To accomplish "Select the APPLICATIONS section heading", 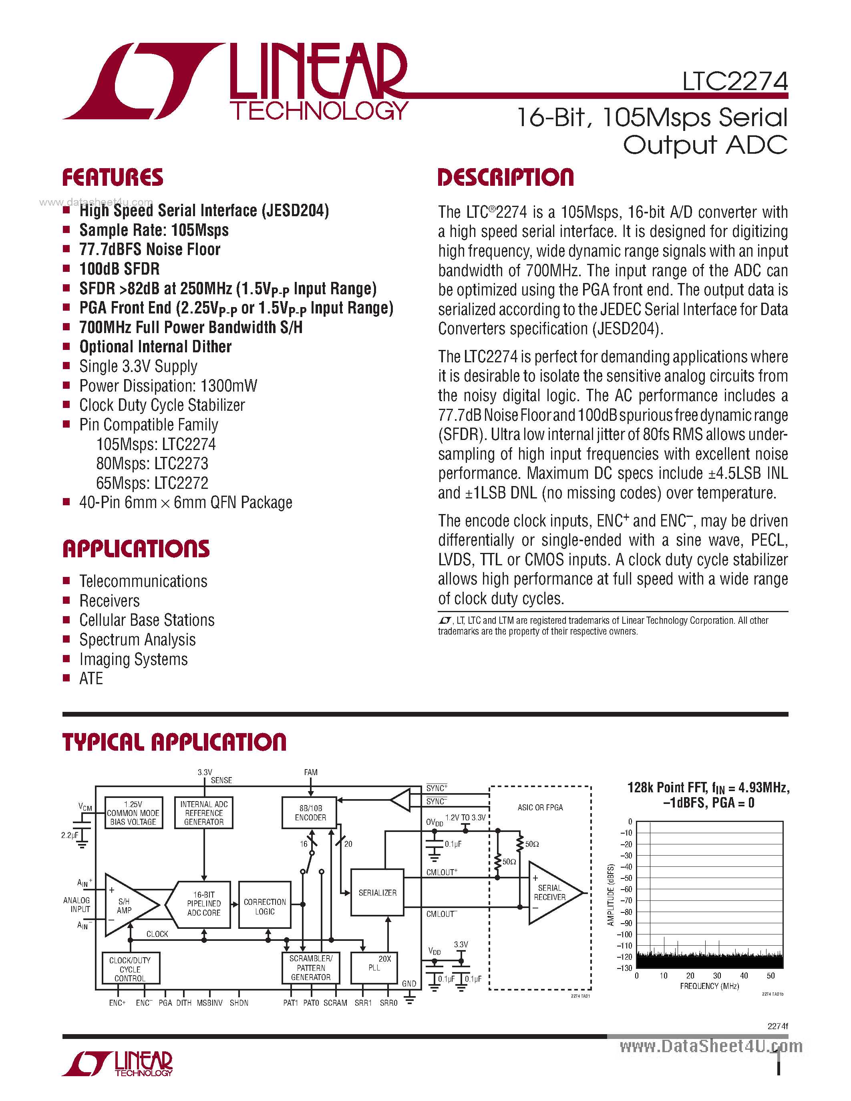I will click(136, 548).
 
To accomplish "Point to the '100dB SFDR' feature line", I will click(119, 269).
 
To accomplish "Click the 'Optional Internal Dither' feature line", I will click(155, 347).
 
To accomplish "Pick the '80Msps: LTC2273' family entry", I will click(152, 463).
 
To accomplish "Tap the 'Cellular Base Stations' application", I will click(147, 620).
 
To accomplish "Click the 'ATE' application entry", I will click(91, 679).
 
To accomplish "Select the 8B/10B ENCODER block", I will click(310, 813).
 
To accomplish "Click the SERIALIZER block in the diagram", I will click(377, 892).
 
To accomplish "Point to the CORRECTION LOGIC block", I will click(265, 906).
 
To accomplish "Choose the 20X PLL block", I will click(374, 967).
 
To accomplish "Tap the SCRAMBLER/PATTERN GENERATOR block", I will click(310, 967).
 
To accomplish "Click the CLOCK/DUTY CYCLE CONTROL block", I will click(130, 969).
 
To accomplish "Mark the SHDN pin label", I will click(239, 1003).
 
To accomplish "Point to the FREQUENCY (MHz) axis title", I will click(709, 986).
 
